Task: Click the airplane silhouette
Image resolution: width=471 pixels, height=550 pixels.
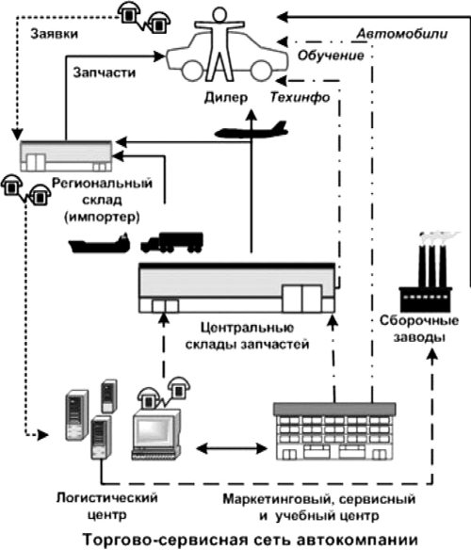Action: [x=252, y=130]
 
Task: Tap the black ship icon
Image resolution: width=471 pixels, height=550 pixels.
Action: [x=99, y=243]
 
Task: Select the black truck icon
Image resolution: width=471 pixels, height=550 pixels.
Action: [x=171, y=242]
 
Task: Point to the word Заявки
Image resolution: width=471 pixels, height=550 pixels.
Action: [x=54, y=34]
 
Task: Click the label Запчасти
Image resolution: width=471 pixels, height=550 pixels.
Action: [x=105, y=73]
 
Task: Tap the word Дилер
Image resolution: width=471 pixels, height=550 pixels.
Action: [x=226, y=98]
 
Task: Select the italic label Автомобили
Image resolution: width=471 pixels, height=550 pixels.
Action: [x=402, y=34]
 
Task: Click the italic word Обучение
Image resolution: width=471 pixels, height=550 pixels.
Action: [x=331, y=56]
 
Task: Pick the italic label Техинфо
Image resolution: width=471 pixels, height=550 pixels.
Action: [x=300, y=98]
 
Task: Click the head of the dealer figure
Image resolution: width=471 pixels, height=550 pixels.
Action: [x=219, y=15]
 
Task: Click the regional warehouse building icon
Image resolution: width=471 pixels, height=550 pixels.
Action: [x=66, y=155]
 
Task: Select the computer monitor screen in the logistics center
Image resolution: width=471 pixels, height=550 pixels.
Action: [x=154, y=431]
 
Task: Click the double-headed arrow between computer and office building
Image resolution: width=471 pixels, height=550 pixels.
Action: [x=232, y=448]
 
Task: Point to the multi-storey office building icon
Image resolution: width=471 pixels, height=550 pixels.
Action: [x=334, y=431]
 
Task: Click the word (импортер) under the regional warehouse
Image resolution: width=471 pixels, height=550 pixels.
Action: [x=102, y=218]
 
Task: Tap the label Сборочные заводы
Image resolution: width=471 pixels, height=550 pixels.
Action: [x=419, y=329]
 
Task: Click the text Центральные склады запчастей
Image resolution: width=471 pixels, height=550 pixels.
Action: [x=248, y=336]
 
